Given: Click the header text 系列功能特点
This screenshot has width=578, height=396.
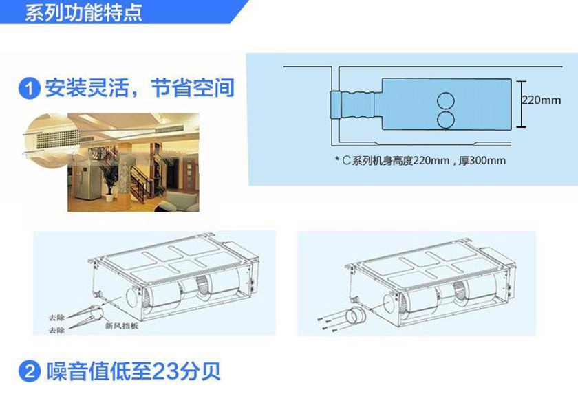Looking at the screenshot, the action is pyautogui.click(x=84, y=12).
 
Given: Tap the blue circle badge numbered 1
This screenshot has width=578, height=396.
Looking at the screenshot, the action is pyautogui.click(x=29, y=89).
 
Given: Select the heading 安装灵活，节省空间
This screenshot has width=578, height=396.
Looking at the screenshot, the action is pyautogui.click(x=140, y=88).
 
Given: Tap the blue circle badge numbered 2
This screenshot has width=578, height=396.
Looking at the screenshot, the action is pyautogui.click(x=29, y=371).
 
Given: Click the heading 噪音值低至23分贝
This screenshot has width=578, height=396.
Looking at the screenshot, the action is pyautogui.click(x=133, y=371).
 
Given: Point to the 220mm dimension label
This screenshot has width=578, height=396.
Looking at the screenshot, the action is pyautogui.click(x=542, y=100).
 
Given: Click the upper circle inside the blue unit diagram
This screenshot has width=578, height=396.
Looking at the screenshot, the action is pyautogui.click(x=446, y=100).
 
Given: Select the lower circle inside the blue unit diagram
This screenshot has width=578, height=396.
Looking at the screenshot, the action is pyautogui.click(x=446, y=120).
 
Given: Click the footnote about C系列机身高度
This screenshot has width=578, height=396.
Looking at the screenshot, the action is pyautogui.click(x=420, y=161).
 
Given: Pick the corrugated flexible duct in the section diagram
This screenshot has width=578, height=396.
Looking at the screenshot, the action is pyautogui.click(x=358, y=105).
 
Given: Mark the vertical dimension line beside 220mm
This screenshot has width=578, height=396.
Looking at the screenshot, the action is pyautogui.click(x=522, y=104).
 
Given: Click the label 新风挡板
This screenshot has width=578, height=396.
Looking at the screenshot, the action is pyautogui.click(x=122, y=326).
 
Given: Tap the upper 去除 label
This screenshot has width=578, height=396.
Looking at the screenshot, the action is pyautogui.click(x=56, y=317).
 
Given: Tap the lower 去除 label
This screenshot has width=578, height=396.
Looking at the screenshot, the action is pyautogui.click(x=56, y=330).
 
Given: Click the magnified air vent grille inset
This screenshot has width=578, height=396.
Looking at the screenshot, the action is pyautogui.click(x=52, y=141).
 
